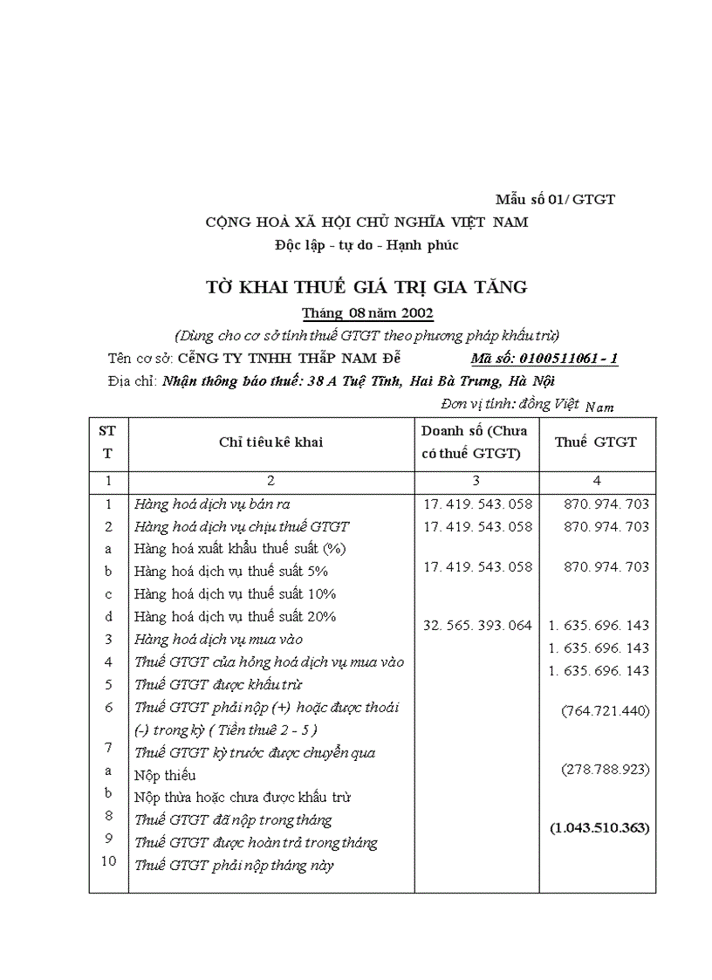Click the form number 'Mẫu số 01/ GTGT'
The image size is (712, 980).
click(555, 199)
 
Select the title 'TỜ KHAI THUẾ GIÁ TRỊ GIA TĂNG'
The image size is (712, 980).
click(366, 286)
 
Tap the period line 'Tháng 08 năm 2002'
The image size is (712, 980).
click(367, 313)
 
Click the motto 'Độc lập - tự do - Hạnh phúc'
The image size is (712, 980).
click(366, 245)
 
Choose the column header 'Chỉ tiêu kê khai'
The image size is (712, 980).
click(270, 442)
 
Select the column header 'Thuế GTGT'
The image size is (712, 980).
click(596, 442)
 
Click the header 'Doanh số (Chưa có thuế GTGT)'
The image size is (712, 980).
click(475, 442)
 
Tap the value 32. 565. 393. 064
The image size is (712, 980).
click(476, 625)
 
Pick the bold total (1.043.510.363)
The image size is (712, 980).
click(599, 827)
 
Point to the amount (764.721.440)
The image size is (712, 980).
click(606, 710)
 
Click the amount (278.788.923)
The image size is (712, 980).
click(606, 770)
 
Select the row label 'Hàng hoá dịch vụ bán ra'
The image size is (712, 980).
click(212, 504)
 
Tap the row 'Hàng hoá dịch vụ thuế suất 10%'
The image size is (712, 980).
click(236, 593)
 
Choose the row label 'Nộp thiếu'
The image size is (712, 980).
click(165, 775)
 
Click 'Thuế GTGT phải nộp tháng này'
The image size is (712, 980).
click(233, 866)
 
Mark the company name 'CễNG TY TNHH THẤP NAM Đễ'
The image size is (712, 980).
click(289, 358)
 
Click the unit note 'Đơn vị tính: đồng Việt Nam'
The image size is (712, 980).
click(527, 404)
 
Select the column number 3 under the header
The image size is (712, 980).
click(476, 480)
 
